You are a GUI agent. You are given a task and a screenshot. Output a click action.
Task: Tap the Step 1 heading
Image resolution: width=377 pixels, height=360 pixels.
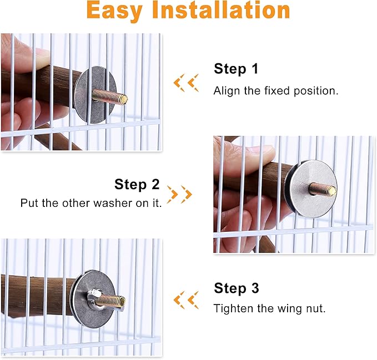[236, 69]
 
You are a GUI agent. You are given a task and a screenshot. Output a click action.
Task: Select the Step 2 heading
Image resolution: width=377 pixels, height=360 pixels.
[137, 184]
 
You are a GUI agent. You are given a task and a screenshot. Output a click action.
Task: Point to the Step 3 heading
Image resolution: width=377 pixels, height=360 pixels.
[236, 288]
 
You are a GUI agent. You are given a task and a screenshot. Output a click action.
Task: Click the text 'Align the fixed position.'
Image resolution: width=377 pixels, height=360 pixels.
[275, 91]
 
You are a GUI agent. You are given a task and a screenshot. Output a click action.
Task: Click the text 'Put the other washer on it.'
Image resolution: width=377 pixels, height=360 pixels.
[91, 204]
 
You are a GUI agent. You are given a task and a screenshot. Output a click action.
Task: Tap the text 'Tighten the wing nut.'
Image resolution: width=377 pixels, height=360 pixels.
[269, 308]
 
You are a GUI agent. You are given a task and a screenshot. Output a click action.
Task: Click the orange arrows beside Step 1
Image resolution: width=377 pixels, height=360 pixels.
[186, 83]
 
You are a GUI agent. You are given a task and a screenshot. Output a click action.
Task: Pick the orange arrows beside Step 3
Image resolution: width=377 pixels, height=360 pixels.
[186, 300]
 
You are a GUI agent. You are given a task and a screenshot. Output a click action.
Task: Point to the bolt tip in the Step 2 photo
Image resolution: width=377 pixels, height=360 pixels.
[331, 191]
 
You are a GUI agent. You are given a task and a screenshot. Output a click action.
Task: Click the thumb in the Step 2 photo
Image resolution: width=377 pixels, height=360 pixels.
[244, 153]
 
